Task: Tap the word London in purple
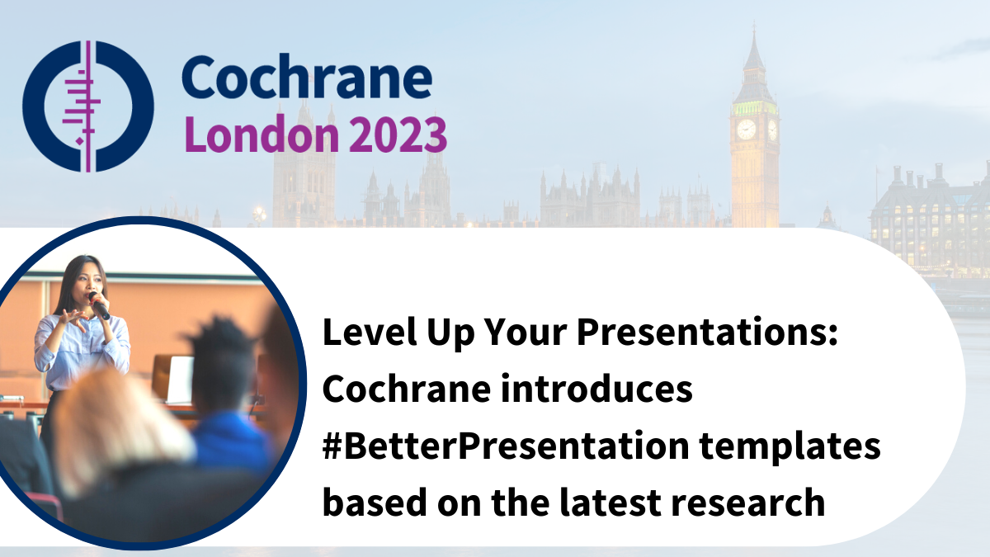point(262,134)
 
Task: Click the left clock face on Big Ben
point(746,130)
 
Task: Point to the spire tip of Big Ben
point(754,23)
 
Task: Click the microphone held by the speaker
point(100,305)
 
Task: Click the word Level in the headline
point(370,332)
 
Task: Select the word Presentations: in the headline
point(707,332)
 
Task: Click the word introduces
point(596,388)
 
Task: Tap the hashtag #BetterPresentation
point(506,446)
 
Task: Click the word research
point(747,503)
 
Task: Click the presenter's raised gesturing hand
point(73,319)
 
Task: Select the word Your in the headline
point(525,332)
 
